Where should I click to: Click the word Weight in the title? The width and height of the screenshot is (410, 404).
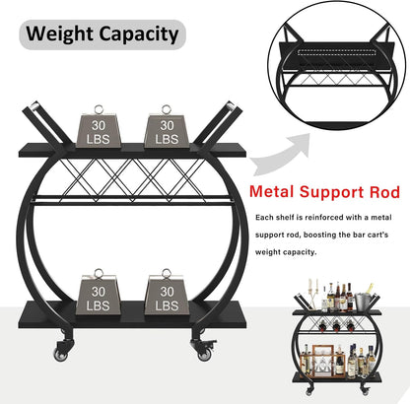coord(59,34)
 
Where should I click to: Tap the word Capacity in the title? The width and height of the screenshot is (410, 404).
coord(138,35)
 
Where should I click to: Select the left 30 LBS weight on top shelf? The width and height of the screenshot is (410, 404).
coord(99,127)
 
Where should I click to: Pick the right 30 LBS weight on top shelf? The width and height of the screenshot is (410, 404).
coord(167,127)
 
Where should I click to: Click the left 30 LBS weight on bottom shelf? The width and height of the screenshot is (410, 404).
coord(99,292)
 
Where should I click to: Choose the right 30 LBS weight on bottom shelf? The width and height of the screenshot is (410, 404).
coord(167,292)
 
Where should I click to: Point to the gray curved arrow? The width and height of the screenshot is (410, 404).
coord(282,155)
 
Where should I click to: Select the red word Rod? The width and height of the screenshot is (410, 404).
coord(384,192)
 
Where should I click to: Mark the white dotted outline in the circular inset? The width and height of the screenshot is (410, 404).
coord(337,53)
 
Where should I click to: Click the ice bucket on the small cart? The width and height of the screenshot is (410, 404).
coord(364,302)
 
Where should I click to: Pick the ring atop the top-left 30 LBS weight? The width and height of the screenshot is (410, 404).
coord(99,109)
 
